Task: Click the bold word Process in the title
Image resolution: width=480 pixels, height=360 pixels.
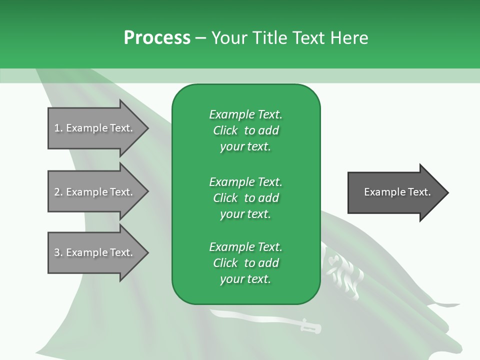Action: pyautogui.click(x=157, y=37)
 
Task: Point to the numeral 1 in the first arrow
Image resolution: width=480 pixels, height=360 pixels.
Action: pyautogui.click(x=57, y=128)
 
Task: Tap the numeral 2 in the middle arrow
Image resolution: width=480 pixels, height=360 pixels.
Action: pyautogui.click(x=57, y=192)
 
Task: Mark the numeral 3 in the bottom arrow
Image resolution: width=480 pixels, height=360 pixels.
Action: pyautogui.click(x=57, y=252)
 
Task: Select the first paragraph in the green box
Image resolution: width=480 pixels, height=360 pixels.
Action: pyautogui.click(x=245, y=130)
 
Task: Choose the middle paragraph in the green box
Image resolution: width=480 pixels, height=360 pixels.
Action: pyautogui.click(x=245, y=197)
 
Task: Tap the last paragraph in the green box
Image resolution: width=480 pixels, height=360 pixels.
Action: pyautogui.click(x=245, y=263)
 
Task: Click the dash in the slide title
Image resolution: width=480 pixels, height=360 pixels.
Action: pyautogui.click(x=200, y=38)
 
